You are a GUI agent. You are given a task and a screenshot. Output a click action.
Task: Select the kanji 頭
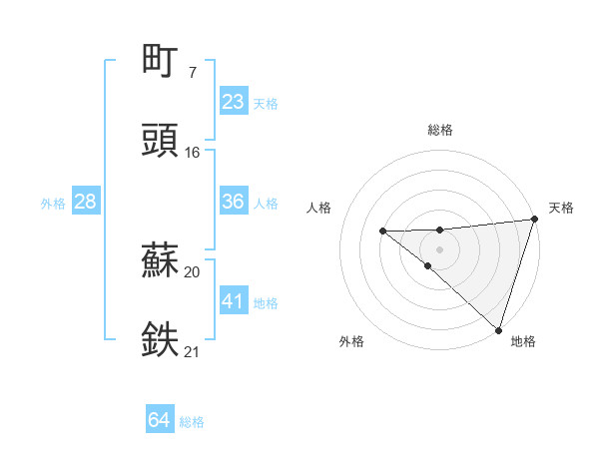tap(160, 139)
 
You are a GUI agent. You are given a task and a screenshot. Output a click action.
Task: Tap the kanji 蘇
tap(160, 258)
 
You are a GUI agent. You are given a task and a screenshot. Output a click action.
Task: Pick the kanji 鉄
tap(160, 338)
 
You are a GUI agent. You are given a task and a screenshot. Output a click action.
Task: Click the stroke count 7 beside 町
tap(192, 72)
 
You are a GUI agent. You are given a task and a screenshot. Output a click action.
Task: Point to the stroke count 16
tap(192, 152)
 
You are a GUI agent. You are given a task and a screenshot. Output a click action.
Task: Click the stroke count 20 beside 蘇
tap(192, 271)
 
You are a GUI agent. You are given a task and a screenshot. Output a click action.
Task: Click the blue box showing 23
tap(233, 102)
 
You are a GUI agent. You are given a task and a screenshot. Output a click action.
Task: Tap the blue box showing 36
tap(233, 202)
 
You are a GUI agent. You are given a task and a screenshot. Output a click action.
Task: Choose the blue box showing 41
tap(233, 301)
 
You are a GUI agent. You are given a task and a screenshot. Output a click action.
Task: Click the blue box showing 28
tap(85, 202)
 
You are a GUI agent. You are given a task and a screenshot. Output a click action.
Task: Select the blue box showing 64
tap(159, 421)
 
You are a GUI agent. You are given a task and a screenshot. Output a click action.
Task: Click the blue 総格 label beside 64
tap(192, 422)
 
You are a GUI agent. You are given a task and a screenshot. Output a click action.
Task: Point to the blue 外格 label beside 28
tap(53, 203)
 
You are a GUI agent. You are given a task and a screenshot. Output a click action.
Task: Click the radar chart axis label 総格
tap(440, 130)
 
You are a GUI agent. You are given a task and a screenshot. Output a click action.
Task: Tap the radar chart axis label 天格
tap(561, 208)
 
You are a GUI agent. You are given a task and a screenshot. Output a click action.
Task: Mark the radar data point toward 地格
tap(498, 329)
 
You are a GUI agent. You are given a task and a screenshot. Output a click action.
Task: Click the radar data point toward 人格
tap(382, 232)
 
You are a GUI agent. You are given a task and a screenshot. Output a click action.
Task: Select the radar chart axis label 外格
tap(351, 341)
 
